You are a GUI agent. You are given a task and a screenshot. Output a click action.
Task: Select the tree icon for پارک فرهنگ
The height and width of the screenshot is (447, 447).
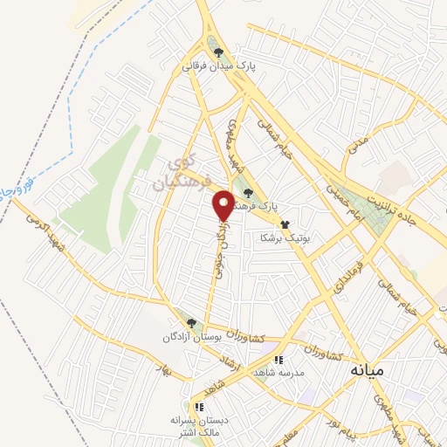249,194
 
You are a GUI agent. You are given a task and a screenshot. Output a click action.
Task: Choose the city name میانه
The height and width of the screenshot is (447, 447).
367,370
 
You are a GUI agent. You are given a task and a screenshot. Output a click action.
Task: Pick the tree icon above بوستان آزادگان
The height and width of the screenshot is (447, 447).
191,323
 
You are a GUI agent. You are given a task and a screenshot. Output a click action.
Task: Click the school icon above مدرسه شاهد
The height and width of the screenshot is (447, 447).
279,359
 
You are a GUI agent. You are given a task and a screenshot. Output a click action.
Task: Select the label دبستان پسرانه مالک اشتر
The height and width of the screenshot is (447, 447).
200,425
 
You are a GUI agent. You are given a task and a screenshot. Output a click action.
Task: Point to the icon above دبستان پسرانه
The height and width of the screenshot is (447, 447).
200,406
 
